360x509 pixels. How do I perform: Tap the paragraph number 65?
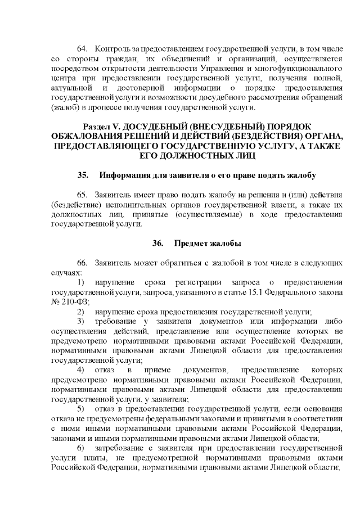tap(82, 195)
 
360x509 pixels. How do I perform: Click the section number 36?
tap(158, 244)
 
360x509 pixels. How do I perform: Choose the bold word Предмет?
tap(191, 244)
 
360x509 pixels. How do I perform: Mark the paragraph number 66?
tap(82, 264)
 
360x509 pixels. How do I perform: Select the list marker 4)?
tap(81, 370)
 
